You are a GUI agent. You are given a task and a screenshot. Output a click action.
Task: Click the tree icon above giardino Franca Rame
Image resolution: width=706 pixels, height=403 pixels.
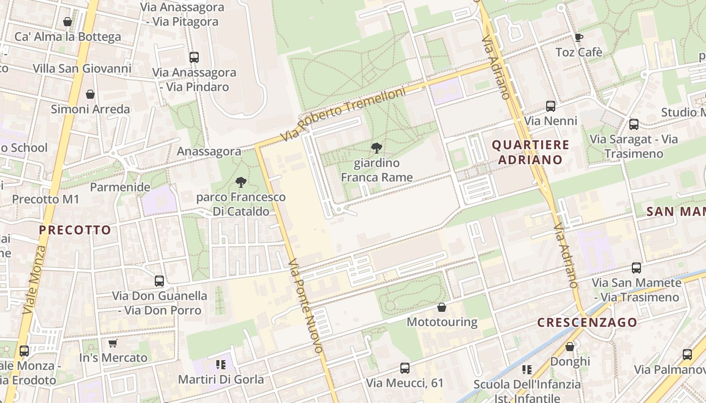(x=376, y=148)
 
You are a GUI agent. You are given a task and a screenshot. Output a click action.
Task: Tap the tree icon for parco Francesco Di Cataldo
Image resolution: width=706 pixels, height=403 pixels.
(x=241, y=182)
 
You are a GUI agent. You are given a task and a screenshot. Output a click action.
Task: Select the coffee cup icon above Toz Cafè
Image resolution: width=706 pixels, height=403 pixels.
(x=578, y=37)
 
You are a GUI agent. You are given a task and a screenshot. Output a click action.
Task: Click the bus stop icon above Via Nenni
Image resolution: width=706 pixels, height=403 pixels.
(x=550, y=106)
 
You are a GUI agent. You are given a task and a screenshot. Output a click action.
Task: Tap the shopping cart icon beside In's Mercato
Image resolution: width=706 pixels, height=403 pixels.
(x=112, y=343)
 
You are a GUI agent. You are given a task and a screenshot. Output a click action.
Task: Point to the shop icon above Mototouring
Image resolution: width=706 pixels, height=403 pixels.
(x=442, y=307)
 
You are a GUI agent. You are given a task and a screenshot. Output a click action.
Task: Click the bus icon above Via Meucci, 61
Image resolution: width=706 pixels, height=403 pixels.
(x=404, y=368)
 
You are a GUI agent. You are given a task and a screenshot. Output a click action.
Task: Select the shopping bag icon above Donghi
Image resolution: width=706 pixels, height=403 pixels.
(x=570, y=347)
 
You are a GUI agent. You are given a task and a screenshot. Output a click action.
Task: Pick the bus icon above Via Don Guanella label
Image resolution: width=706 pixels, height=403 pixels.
(x=159, y=281)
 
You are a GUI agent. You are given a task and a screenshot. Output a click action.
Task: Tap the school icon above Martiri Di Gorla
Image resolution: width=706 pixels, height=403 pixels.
(x=220, y=364)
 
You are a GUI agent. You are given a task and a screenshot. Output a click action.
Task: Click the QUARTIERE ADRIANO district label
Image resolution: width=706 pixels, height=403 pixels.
(x=531, y=152)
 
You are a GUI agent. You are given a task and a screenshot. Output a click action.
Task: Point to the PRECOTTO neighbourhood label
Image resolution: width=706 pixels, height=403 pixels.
(x=75, y=230)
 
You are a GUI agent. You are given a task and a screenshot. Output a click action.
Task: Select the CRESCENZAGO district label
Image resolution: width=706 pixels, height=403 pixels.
(x=587, y=322)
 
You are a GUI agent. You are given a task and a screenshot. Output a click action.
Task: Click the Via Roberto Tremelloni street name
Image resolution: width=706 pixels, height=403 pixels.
(x=344, y=115)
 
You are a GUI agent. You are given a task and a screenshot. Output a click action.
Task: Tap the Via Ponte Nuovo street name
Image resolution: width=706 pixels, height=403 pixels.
(x=305, y=306)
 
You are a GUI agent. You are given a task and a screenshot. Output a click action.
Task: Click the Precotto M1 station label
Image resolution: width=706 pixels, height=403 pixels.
(x=46, y=199)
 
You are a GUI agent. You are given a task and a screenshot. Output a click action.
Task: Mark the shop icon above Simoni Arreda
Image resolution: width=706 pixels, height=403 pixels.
(x=90, y=94)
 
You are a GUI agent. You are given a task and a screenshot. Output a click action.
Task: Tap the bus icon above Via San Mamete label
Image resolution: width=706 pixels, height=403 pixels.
(x=636, y=268)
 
